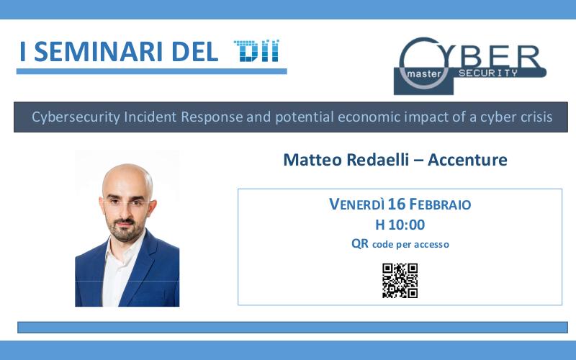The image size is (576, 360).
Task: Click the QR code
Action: [x=400, y=281]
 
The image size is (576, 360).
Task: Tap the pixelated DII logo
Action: [x=256, y=50]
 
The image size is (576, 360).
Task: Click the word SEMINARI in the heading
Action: [x=98, y=52]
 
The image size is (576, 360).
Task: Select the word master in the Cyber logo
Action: [x=424, y=74]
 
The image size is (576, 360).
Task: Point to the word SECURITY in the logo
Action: [x=488, y=73]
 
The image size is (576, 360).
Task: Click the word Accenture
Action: [x=467, y=159]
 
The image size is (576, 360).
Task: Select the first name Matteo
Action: [x=312, y=159]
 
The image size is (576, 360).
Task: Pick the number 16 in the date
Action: [x=397, y=204]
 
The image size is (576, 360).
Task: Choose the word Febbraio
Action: [x=440, y=204]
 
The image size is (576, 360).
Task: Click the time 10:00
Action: [x=407, y=225]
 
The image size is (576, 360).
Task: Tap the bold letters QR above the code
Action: [x=359, y=243]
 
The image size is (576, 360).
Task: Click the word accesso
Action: [x=431, y=244]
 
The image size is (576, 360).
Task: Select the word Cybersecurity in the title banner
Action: [x=76, y=117]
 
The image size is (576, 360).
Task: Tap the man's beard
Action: [x=124, y=230]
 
